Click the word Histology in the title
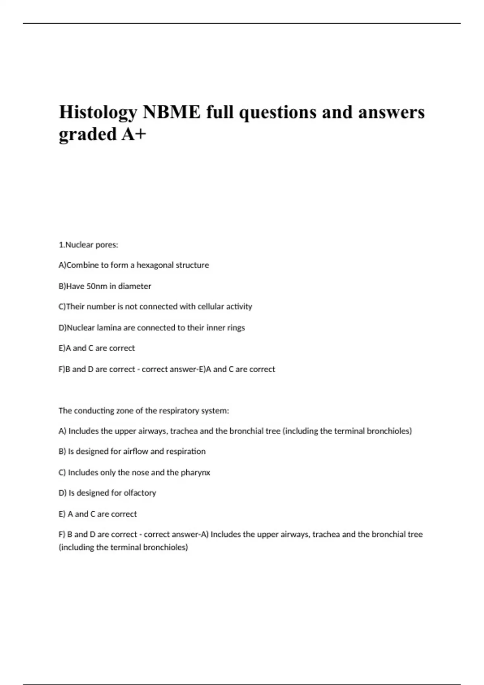[98, 112]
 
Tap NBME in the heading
[171, 112]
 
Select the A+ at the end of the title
[134, 134]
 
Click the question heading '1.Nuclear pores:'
[88, 245]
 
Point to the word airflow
[136, 451]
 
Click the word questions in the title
[277, 112]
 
